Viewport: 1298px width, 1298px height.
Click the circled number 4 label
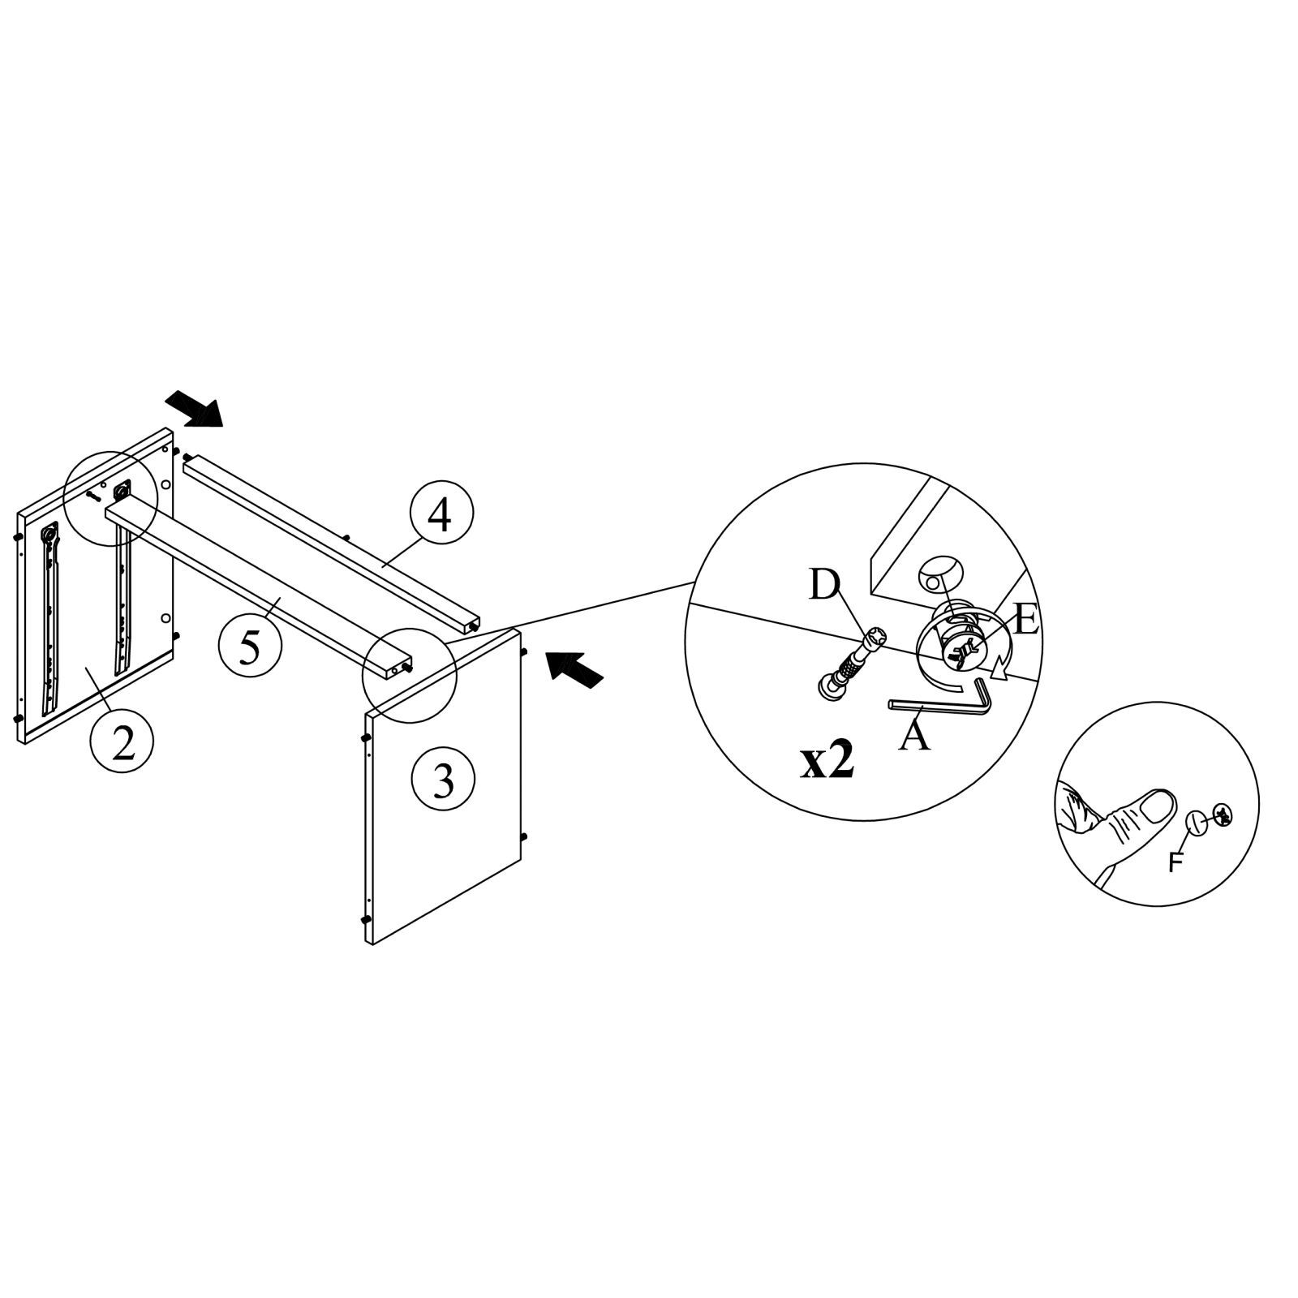[x=441, y=517]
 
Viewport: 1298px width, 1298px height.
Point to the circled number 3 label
[x=443, y=780]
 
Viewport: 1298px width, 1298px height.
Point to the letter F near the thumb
[x=1176, y=864]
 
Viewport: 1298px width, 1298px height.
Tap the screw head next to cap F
[x=1224, y=814]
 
